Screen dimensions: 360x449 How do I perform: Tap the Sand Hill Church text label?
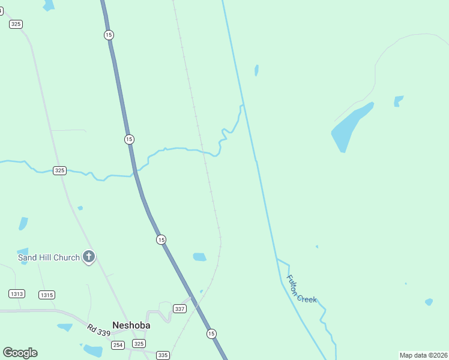point(49,257)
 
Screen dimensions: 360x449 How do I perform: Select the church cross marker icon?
point(88,257)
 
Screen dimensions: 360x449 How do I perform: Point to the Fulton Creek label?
point(301,289)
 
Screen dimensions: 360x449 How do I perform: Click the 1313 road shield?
point(17,293)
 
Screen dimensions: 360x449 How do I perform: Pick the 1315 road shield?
point(46,295)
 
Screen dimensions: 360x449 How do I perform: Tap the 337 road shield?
point(179,308)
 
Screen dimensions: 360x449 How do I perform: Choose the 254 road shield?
point(118,344)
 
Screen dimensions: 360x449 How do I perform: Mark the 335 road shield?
point(163,355)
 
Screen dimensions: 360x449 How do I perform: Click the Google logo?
point(20,353)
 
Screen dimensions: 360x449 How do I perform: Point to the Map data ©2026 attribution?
point(423,355)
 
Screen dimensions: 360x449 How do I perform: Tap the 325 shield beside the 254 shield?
point(139,344)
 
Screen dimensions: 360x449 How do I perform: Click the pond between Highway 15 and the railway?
point(199,257)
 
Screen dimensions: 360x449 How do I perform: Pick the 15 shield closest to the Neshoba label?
point(211,333)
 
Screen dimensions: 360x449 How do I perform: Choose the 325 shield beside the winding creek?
point(59,170)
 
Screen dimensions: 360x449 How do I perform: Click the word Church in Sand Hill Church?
point(66,257)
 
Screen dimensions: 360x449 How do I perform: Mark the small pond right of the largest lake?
point(398,101)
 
